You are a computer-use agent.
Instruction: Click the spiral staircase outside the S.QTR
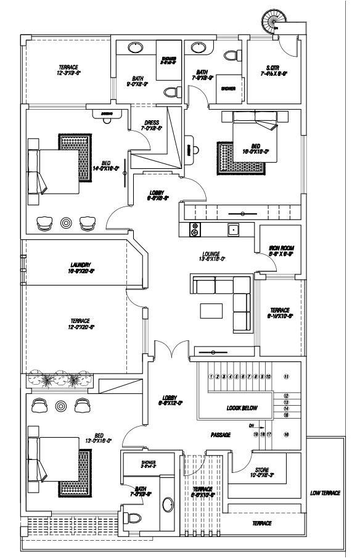tap(272, 21)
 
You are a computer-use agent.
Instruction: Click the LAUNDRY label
tap(81, 266)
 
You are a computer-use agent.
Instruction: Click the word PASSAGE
tap(220, 435)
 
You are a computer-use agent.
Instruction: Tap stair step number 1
tap(211, 375)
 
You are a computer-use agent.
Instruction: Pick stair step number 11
tap(286, 375)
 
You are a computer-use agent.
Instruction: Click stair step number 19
tap(255, 435)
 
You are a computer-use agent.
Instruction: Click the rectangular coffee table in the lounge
tap(210, 310)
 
